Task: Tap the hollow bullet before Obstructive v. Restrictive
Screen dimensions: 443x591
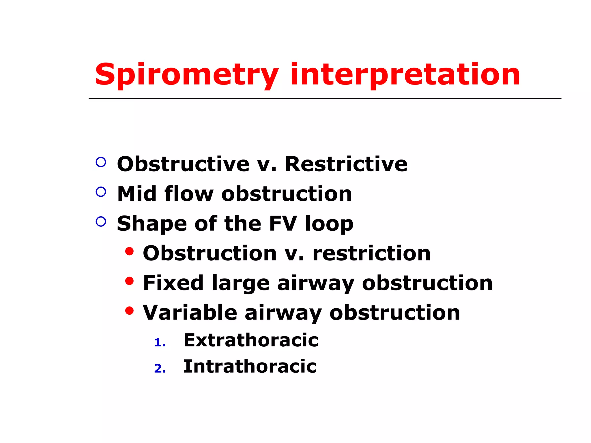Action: coord(101,162)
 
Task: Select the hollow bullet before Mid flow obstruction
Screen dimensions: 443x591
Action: coord(101,192)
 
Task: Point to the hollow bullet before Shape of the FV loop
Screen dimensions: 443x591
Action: coord(101,221)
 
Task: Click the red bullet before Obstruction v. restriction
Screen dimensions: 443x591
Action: coord(130,251)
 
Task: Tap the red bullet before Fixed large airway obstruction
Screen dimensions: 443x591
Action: coord(130,281)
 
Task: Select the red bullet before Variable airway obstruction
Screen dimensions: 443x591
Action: coord(130,311)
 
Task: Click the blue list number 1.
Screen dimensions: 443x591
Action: coord(160,343)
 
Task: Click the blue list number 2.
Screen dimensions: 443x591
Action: coord(160,369)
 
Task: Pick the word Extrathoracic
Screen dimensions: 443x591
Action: coord(251,340)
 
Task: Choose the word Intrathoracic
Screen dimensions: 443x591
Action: coord(250,366)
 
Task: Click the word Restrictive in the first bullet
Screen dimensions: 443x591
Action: coord(346,164)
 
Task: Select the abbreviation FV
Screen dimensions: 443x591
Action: coord(283,223)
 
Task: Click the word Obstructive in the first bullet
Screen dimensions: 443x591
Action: coord(183,164)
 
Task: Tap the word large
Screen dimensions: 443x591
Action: coord(241,283)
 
